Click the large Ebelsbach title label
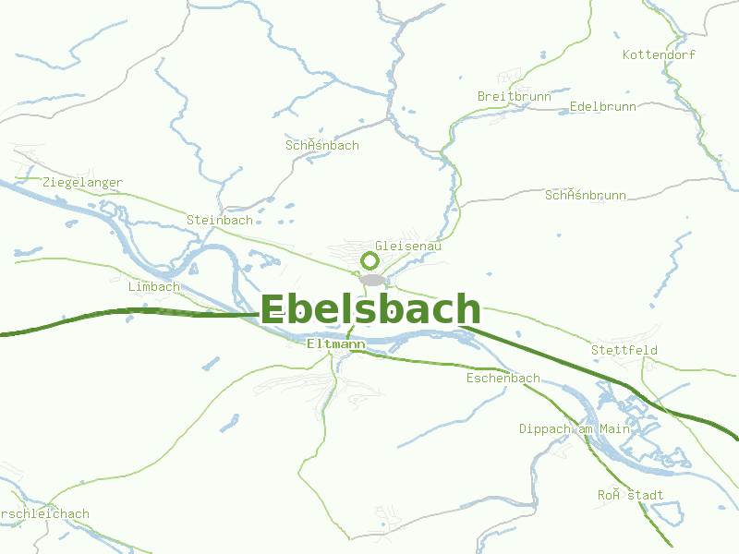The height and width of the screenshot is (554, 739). point(370,309)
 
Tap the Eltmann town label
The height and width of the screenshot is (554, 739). point(335,343)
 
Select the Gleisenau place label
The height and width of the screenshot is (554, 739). point(408,247)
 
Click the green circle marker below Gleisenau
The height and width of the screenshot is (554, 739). point(369,261)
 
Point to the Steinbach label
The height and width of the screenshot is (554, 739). point(220,220)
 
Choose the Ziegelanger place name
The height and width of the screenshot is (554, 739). point(82,183)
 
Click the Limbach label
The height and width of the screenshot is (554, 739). point(154,286)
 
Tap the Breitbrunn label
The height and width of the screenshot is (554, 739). point(515,96)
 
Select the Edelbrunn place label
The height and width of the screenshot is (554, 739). point(603,106)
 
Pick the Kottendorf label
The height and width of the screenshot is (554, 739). point(659,55)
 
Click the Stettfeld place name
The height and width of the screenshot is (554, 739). point(624,350)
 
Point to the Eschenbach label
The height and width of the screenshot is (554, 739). point(503,379)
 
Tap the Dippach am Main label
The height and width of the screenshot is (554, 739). point(574,429)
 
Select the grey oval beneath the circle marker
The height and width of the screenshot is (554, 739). point(372,280)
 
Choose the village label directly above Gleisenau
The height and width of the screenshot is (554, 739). point(321,146)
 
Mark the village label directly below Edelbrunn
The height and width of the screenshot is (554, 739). point(586,195)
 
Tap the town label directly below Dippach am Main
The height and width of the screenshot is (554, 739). point(630,495)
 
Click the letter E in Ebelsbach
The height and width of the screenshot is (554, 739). point(273,310)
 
